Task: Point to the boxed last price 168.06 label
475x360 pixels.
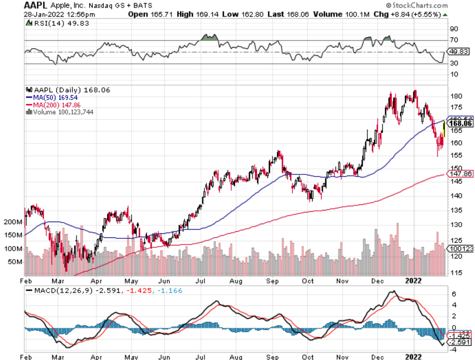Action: pyautogui.click(x=460, y=123)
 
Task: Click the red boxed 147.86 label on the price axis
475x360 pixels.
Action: pyautogui.click(x=459, y=173)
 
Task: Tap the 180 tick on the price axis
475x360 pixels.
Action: pyautogui.click(x=456, y=96)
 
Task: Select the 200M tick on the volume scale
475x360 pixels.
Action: pyautogui.click(x=13, y=222)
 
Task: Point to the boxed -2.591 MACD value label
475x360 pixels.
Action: pyautogui.click(x=459, y=342)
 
